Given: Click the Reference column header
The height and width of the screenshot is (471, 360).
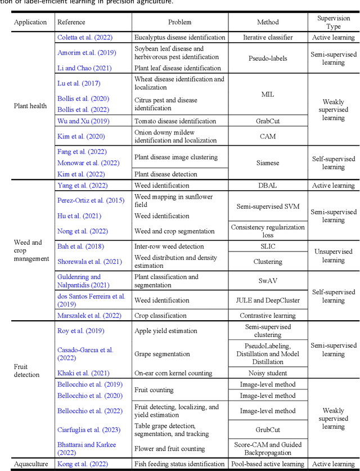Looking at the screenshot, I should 71,23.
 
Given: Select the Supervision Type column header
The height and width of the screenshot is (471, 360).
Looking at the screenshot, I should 333,23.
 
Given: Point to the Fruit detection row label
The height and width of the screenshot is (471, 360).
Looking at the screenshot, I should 28,370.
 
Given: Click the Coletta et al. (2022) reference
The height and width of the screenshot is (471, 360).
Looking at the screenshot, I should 85,38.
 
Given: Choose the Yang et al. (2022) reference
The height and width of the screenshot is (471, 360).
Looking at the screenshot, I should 82,186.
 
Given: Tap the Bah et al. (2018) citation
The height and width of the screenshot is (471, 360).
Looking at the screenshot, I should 81,246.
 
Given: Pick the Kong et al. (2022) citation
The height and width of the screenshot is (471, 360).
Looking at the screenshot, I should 83,464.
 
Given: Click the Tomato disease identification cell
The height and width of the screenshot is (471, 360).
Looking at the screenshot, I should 175,121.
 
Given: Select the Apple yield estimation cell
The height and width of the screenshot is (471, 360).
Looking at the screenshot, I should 166,331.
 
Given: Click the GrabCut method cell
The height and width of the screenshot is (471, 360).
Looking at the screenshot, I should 268,121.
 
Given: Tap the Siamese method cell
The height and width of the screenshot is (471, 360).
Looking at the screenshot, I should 268,163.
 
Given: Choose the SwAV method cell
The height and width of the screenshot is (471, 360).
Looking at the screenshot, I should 268,281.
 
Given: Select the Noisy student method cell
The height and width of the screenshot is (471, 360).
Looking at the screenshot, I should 268,373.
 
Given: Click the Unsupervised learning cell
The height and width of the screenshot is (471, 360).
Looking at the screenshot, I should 333,256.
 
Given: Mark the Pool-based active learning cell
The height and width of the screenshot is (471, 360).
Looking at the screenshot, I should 268,464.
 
